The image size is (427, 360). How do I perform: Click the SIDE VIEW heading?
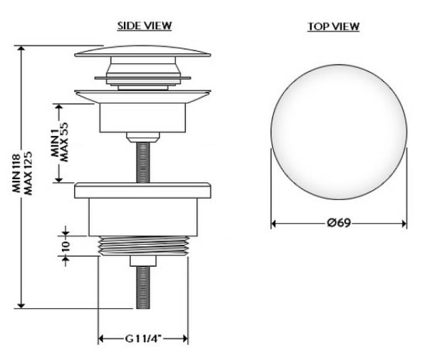click(x=144, y=26)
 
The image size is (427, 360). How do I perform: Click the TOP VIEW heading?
click(x=333, y=27)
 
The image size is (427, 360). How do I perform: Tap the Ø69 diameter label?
click(x=339, y=223)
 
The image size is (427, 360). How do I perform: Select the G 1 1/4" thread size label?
click(x=143, y=339)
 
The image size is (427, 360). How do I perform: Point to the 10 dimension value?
click(x=65, y=246)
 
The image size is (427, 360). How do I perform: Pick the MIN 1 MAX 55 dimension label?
click(x=60, y=142)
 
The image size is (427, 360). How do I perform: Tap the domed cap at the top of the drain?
click(x=143, y=51)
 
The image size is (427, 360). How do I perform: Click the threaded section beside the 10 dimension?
click(x=144, y=246)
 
